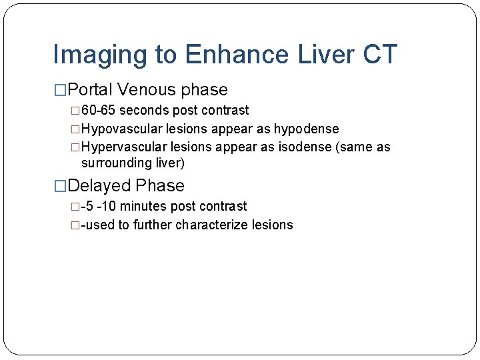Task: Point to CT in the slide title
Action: click(x=377, y=55)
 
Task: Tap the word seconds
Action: click(x=145, y=111)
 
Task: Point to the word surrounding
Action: click(x=114, y=163)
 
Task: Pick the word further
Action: click(x=153, y=225)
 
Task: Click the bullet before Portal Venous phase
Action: click(x=60, y=91)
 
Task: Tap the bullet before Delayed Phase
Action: click(x=60, y=187)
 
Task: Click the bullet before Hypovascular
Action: click(x=75, y=129)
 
